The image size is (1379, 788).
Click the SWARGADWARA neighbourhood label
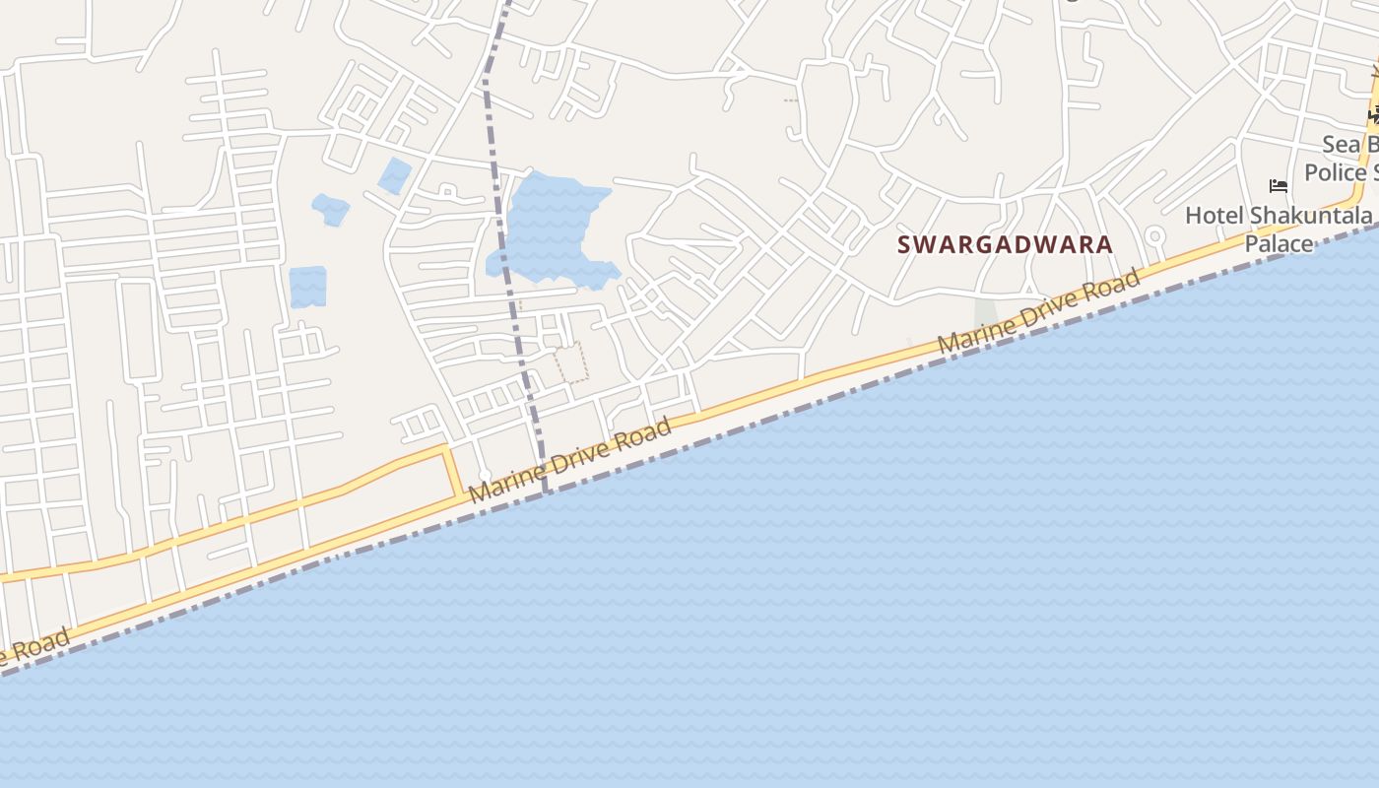click(1005, 244)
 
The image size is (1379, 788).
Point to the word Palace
click(1279, 243)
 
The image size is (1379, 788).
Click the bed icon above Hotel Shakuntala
click(1279, 185)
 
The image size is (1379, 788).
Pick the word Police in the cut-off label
click(1335, 172)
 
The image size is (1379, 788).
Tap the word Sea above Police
click(1340, 145)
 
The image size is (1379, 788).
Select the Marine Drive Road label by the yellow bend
click(570, 460)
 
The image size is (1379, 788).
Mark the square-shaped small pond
click(307, 286)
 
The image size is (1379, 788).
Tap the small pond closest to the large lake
click(395, 175)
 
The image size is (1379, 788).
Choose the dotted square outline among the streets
click(571, 361)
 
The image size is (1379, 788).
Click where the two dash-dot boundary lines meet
click(545, 491)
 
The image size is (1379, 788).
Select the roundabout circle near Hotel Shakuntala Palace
click(1154, 236)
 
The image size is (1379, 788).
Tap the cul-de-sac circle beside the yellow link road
click(485, 476)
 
